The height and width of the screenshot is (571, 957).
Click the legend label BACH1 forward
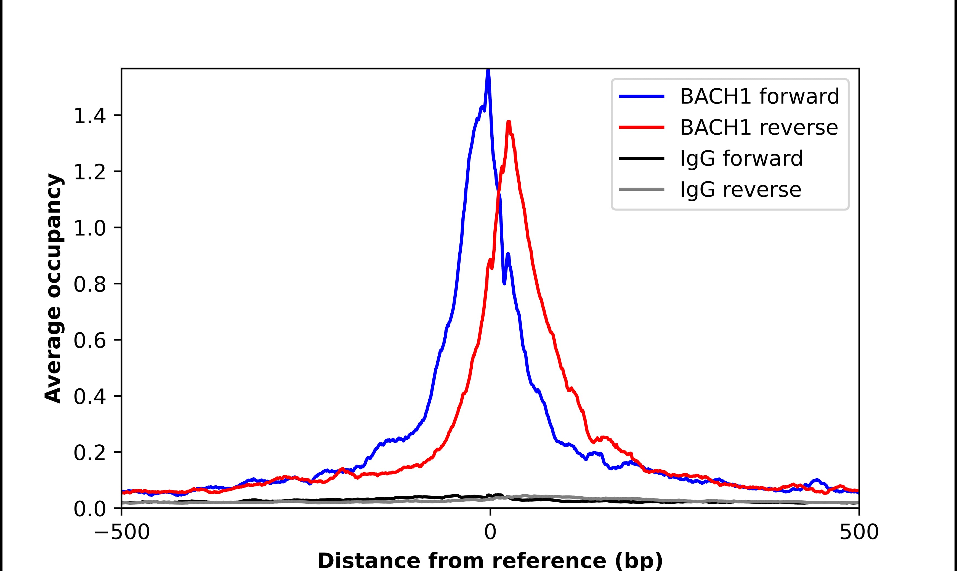coord(759,97)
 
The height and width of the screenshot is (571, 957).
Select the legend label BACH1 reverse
coord(758,128)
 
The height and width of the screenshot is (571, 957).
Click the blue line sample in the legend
coord(642,97)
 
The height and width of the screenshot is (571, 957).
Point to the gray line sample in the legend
coord(642,189)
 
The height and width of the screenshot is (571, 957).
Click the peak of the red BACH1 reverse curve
coord(509,122)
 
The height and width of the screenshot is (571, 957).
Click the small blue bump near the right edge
coord(816,480)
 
